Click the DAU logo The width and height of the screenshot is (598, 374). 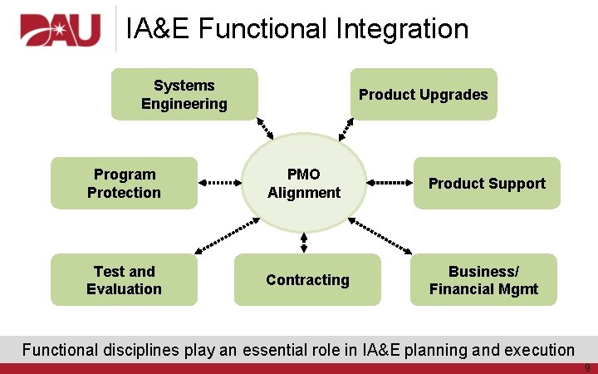60,31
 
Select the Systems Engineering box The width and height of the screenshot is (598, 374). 184,95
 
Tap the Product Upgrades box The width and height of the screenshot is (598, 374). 423,95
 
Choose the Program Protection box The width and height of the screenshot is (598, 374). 124,183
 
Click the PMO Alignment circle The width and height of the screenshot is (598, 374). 303,183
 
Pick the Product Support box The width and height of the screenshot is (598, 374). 486,183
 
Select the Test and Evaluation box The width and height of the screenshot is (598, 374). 124,280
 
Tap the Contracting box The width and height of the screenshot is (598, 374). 307,280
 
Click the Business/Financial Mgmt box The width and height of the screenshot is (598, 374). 483,280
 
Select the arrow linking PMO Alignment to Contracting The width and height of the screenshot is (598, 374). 304,242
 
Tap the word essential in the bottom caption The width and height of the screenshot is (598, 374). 273,350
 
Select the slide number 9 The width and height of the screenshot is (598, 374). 587,367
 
